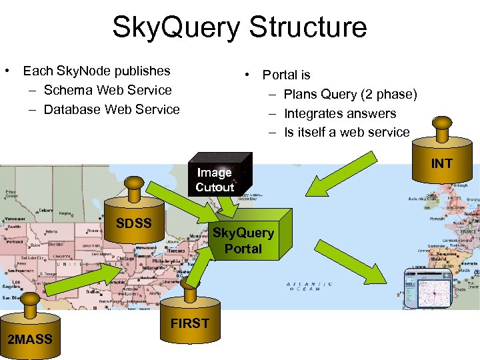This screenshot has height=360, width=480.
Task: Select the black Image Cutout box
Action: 216,178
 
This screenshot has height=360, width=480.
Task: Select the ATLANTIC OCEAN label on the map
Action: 306,287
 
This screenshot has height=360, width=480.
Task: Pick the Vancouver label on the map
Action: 13,218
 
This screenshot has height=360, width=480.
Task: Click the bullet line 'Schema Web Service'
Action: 107,90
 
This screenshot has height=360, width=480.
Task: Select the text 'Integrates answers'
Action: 340,113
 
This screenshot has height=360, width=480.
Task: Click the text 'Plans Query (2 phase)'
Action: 350,94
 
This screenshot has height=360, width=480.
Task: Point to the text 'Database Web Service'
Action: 111,109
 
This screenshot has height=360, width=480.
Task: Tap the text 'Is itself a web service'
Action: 347,132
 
